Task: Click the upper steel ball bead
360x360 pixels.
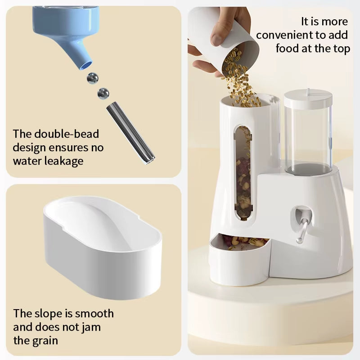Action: (x=93, y=78)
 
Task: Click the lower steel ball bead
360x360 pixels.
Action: (x=103, y=93)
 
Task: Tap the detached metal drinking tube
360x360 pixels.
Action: (x=130, y=133)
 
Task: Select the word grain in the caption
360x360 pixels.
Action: (x=43, y=340)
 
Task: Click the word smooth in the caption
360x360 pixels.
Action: (x=94, y=314)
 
